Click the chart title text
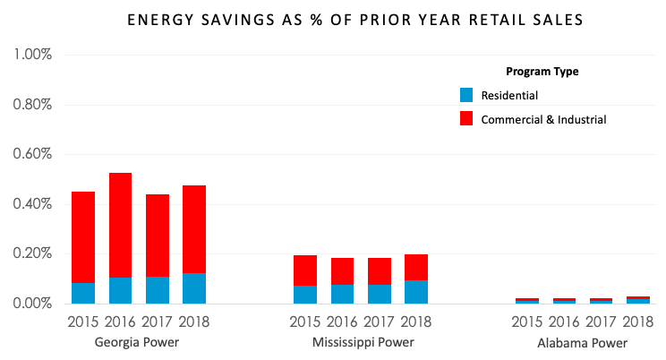[333, 18]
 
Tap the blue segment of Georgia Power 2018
[193, 288]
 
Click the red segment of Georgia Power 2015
[83, 237]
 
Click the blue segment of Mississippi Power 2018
[415, 292]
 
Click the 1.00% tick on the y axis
[33, 56]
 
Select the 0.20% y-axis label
[33, 254]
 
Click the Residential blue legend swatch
[465, 95]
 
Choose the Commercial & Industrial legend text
[543, 118]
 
